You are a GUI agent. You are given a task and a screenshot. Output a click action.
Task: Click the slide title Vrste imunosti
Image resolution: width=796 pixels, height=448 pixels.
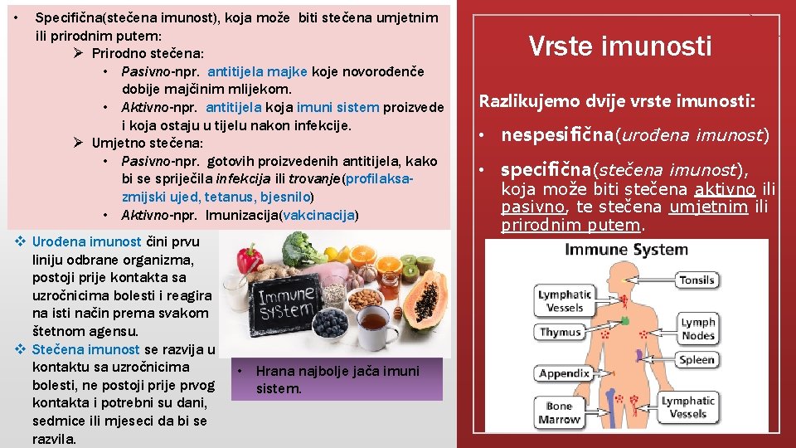620,46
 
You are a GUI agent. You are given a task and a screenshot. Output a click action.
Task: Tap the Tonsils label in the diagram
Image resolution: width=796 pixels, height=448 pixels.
696,280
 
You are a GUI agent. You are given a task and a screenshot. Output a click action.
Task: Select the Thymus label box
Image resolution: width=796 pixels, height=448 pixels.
561,332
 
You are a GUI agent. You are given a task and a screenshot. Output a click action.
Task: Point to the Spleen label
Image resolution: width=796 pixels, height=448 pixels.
696,359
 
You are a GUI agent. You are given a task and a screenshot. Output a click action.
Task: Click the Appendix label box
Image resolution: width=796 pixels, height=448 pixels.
564,373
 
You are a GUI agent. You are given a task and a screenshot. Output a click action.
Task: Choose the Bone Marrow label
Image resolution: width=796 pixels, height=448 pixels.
560,412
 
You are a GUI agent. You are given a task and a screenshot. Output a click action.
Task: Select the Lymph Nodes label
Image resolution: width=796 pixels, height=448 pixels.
698,329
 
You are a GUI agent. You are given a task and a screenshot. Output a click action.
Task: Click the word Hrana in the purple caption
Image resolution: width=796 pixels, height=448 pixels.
274,371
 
